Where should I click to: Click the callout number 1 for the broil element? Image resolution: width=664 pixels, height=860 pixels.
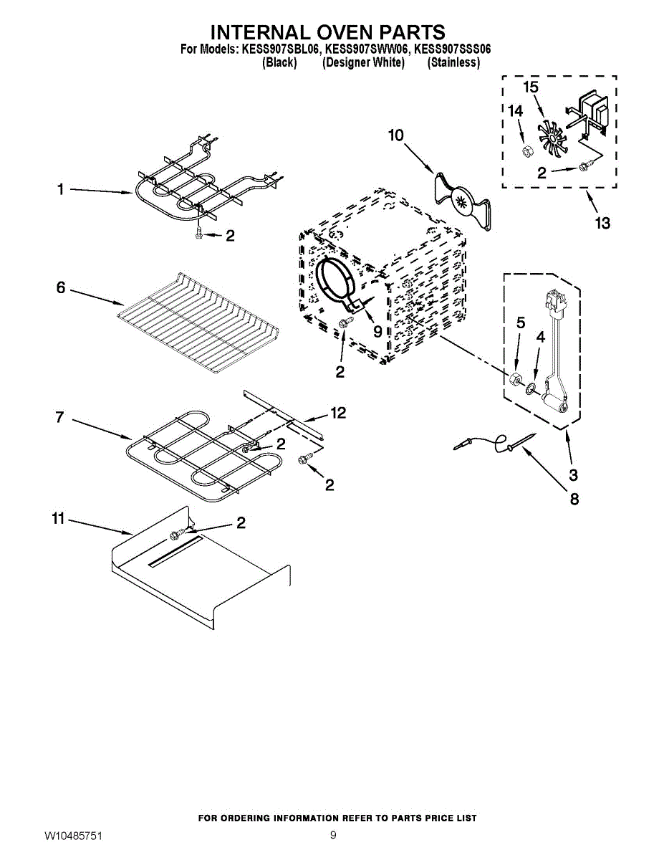60,190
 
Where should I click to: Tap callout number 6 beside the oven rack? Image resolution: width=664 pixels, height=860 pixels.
60,287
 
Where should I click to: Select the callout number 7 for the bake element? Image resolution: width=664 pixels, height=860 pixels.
59,417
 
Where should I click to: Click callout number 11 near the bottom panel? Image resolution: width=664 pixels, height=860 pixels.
59,519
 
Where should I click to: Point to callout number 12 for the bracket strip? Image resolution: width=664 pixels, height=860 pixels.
338,413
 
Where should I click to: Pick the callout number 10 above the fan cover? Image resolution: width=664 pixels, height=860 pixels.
396,135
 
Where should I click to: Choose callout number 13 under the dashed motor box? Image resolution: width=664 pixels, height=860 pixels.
602,223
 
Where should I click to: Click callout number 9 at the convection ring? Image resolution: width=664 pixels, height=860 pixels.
377,332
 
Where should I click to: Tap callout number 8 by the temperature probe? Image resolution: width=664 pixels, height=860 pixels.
574,500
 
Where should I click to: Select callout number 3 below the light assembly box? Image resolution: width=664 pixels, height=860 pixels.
573,475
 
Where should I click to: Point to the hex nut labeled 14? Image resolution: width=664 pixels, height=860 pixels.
526,150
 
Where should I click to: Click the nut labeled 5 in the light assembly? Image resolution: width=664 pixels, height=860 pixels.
516,380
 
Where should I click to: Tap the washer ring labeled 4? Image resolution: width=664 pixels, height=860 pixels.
530,388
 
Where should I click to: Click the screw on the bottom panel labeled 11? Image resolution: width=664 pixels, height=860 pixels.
174,535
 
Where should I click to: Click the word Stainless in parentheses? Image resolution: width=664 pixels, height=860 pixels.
453,63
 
